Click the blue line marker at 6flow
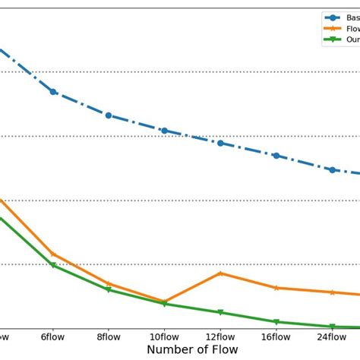coord(53,92)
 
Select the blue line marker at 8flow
coord(109,115)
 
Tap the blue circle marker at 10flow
coord(164,131)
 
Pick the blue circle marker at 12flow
coord(220,143)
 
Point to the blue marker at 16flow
coord(276,156)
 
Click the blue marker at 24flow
coord(332,169)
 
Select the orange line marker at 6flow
coord(53,254)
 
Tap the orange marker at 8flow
coord(109,283)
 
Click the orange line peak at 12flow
coord(220,273)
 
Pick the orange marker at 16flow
coord(276,288)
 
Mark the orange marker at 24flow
coord(332,292)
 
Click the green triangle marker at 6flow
coord(53,266)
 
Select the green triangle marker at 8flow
coord(109,289)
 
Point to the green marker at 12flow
coord(220,312)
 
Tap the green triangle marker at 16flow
coord(276,322)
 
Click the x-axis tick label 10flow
coord(164,335)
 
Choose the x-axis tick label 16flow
coord(276,335)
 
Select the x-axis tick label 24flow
coord(332,335)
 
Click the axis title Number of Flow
coord(192,349)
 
